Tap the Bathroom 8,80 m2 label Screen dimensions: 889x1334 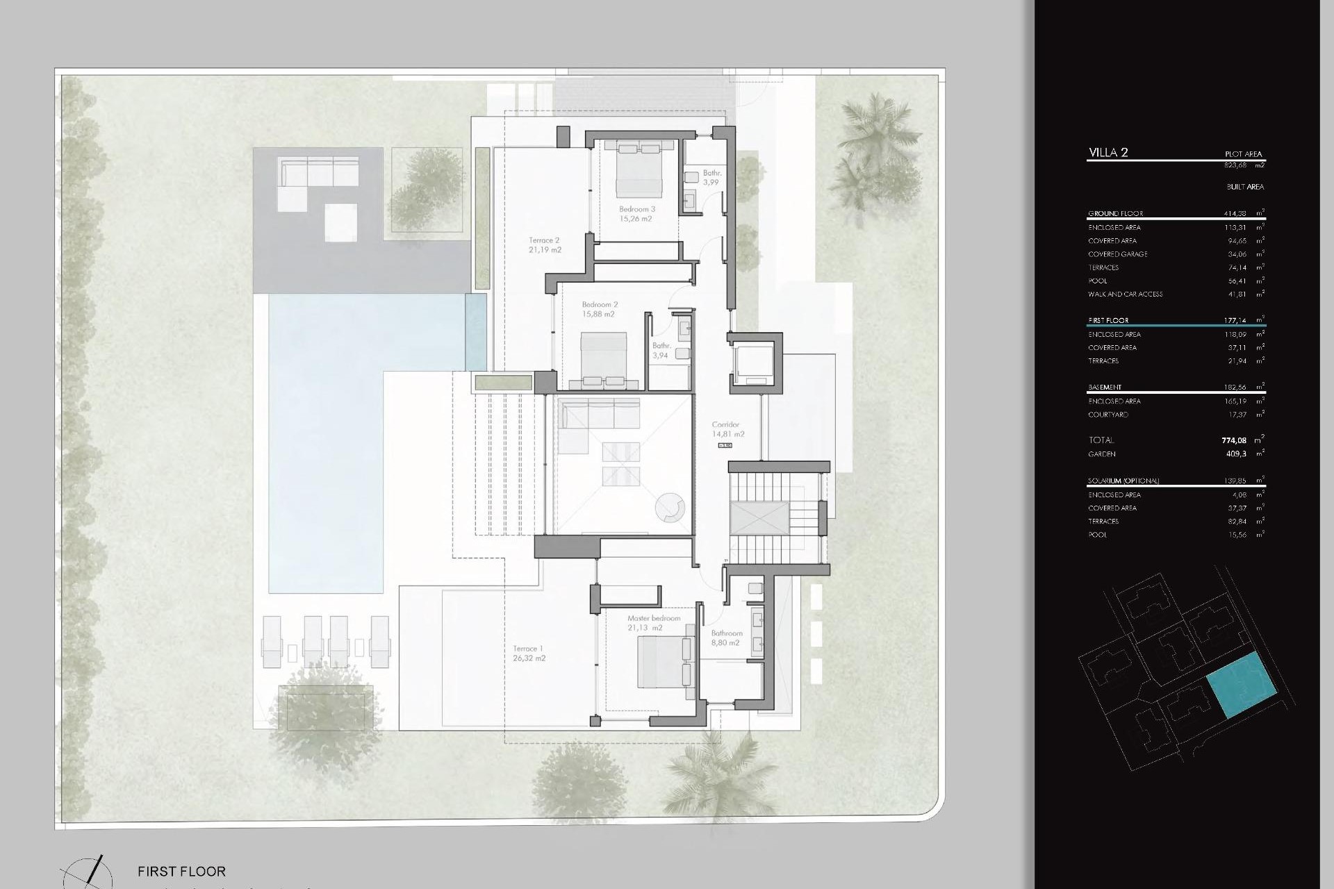[726, 638]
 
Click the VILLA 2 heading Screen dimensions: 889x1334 [1108, 153]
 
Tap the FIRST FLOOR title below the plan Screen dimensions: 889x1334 [181, 871]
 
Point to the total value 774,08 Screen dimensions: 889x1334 [1233, 440]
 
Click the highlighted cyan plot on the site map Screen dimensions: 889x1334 [1242, 685]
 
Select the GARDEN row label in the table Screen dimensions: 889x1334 [1102, 454]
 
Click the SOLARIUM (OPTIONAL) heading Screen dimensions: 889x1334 [1123, 481]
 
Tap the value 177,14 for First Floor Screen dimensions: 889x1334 [1235, 321]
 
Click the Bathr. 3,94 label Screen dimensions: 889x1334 [661, 351]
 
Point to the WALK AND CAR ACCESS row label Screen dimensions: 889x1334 [1125, 294]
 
